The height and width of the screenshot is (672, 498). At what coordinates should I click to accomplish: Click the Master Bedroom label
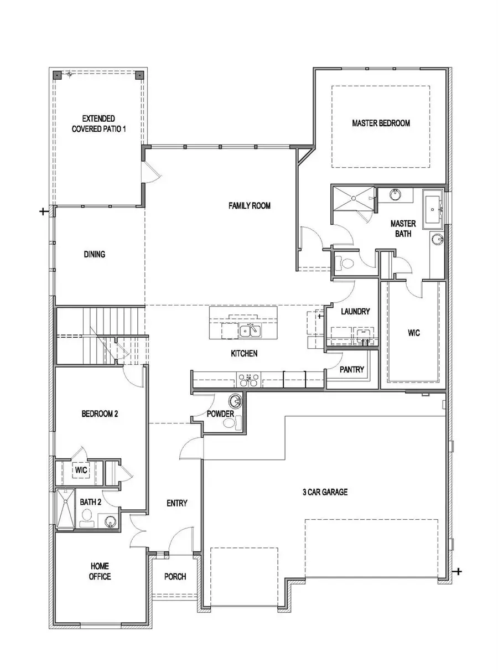click(381, 123)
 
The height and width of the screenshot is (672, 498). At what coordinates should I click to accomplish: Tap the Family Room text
click(250, 206)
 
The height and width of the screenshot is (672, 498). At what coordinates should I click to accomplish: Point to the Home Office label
click(100, 571)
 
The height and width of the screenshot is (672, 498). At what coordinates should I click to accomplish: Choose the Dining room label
click(95, 255)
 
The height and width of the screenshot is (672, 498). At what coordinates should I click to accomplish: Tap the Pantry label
click(351, 369)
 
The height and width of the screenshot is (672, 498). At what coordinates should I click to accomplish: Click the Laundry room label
click(355, 312)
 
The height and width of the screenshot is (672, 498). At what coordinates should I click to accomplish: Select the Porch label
click(175, 576)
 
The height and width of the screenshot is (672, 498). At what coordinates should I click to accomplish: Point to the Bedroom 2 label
click(100, 413)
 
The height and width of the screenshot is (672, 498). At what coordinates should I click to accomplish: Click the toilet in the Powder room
click(229, 423)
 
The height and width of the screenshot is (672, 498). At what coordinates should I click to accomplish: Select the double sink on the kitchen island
click(250, 331)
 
